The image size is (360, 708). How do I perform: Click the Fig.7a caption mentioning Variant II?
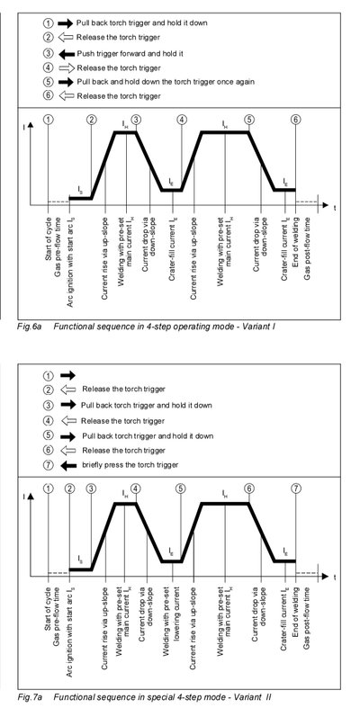(145, 697)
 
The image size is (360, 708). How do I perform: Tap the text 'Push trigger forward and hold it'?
(130, 54)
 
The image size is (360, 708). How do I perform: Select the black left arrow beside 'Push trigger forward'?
(66, 54)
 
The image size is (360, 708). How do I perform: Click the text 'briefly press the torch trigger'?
(130, 464)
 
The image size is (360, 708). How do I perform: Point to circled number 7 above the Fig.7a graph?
(295, 488)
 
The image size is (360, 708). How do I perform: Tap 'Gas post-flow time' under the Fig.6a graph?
(307, 249)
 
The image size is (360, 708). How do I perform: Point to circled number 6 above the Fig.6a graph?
(295, 120)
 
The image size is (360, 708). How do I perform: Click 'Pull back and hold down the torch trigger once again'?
(166, 82)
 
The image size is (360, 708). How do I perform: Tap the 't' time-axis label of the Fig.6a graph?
(335, 208)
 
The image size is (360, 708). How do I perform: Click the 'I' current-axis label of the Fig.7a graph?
(24, 497)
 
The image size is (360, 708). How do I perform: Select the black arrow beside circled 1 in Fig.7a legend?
(67, 375)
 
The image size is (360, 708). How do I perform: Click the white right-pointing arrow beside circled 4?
(66, 68)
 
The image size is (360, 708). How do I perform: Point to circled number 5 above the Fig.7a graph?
(180, 488)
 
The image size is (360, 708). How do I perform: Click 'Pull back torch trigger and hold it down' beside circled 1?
(142, 22)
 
